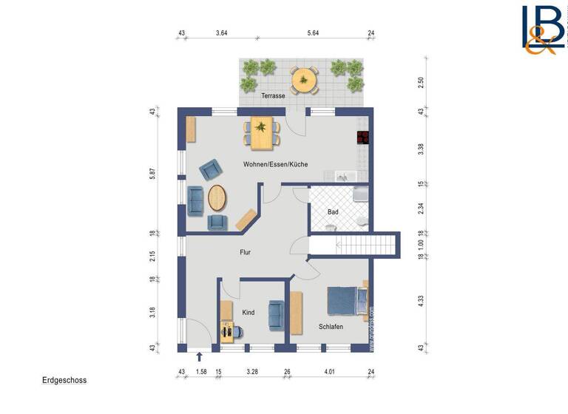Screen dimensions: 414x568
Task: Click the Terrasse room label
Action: pos(273,96)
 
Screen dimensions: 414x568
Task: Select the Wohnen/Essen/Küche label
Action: pos(275,164)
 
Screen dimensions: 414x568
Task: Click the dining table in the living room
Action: pos(261,132)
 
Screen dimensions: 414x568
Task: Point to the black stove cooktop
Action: pos(362,137)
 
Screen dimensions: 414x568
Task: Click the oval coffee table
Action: pos(218,197)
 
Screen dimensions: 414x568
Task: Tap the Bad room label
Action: pos(333,212)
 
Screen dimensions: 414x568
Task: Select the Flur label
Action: pos(245,253)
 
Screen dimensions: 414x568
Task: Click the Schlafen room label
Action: pos(331,327)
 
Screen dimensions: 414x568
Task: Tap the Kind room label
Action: pos(248,313)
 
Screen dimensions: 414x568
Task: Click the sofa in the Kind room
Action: pos(276,314)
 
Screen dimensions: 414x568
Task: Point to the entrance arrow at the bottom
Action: pos(199,359)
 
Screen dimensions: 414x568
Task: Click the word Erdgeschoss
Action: pos(64,381)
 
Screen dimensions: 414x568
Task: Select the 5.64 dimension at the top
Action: pos(313,33)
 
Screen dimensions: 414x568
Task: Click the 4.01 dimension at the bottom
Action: pos(328,372)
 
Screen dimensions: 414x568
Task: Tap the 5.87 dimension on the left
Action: pos(152,173)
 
